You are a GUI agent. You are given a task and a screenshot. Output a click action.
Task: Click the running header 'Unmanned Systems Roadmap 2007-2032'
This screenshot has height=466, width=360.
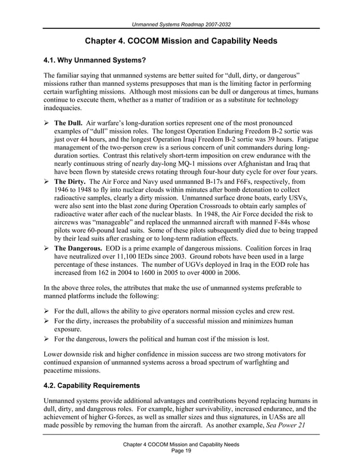coord(180,23)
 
